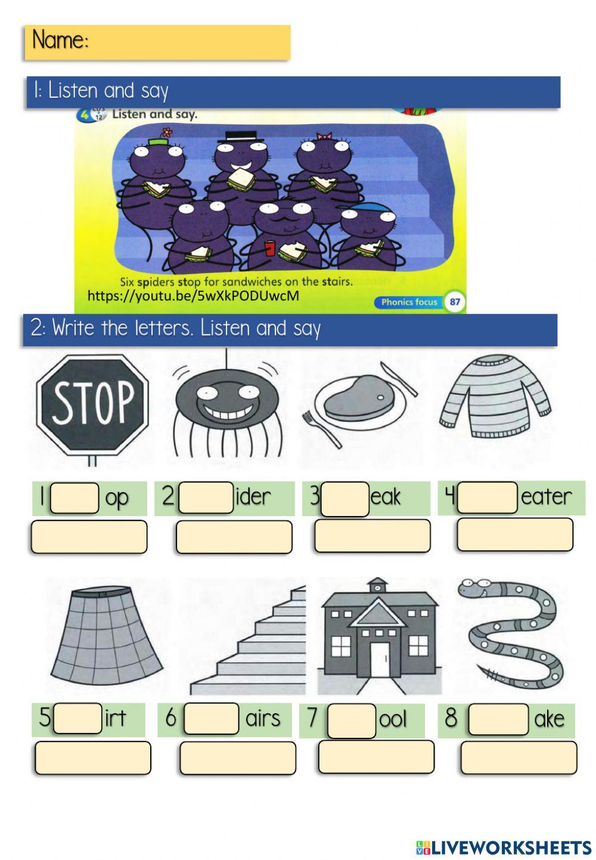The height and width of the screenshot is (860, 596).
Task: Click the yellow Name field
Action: click(x=157, y=42)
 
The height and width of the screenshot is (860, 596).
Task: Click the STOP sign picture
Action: click(x=92, y=408)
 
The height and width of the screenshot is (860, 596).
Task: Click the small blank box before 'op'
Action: click(x=74, y=498)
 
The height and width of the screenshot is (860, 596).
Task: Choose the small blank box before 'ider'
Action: click(x=206, y=498)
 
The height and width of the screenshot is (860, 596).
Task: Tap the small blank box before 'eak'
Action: click(x=345, y=499)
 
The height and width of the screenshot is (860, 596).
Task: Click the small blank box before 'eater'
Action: click(x=487, y=498)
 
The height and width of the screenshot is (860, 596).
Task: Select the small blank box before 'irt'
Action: click(x=77, y=718)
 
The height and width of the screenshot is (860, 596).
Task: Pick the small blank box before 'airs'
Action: click(x=211, y=718)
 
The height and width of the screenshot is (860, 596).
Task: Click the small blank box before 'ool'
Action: click(x=352, y=721)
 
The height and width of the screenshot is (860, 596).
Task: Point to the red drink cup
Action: click(x=270, y=247)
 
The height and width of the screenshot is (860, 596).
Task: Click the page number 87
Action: click(x=455, y=302)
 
